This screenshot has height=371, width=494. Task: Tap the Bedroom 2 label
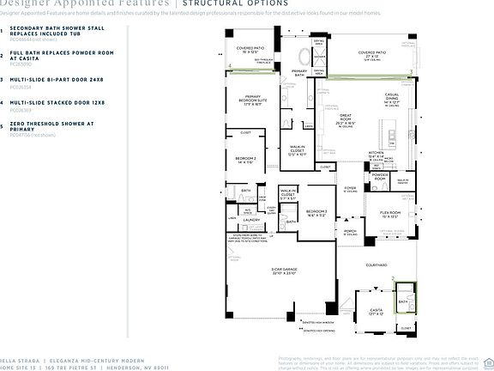coord(246,160)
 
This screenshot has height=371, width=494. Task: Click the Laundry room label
coord(251,219)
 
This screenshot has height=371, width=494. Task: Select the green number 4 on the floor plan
coord(230,65)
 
